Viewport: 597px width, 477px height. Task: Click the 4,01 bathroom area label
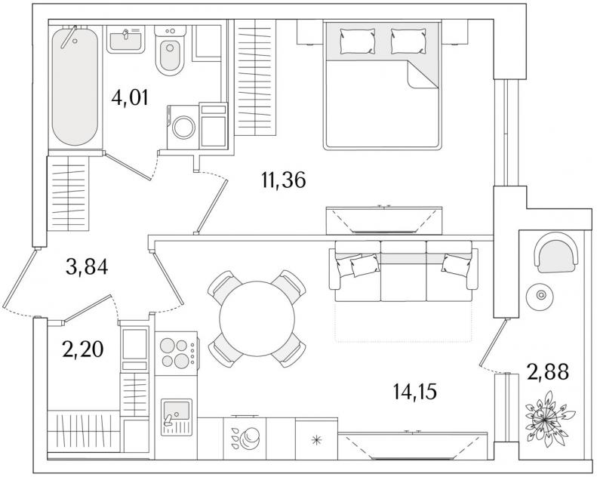[x=130, y=98]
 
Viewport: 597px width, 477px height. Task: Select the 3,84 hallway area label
[x=87, y=266]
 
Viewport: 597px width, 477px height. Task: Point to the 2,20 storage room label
[x=83, y=349]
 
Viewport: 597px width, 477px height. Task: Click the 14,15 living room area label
[x=414, y=392]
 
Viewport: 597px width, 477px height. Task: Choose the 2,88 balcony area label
[x=548, y=371]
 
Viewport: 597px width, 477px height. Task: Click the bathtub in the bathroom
[x=75, y=86]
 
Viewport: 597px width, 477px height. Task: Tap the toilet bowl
[x=170, y=51]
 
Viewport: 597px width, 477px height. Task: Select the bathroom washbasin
[x=125, y=39]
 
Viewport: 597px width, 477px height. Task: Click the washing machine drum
[x=184, y=128]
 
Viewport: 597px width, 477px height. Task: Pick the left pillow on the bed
[x=357, y=42]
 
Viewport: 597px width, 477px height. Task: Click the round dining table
[x=257, y=319]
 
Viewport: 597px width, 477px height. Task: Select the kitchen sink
[x=177, y=417]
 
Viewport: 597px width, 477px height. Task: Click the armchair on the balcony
[x=556, y=252]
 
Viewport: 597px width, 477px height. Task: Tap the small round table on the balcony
[x=540, y=295]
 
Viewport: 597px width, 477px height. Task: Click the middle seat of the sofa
[x=403, y=271]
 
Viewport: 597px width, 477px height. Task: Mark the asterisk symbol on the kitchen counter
[x=316, y=441]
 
